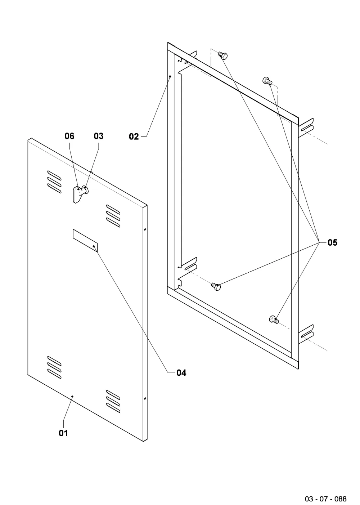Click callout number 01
[63, 433]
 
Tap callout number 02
[134, 137]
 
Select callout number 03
[98, 136]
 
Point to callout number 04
[181, 373]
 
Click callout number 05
[332, 242]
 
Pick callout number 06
[69, 136]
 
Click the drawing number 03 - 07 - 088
[326, 499]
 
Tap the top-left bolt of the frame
[223, 55]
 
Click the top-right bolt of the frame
[267, 81]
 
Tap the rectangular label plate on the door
[85, 240]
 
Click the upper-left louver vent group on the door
[54, 182]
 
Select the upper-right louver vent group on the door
[113, 216]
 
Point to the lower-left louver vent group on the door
[54, 367]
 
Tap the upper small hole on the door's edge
[145, 230]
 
